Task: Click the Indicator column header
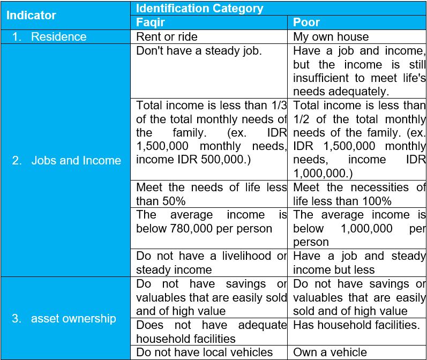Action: coord(31,15)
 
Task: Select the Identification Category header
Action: coord(199,8)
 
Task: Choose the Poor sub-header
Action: coord(306,22)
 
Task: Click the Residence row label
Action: coord(58,36)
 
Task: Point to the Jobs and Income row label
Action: coord(76,160)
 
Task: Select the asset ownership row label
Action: coord(73,318)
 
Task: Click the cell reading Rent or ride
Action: coord(167,36)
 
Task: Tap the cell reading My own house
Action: coord(331,36)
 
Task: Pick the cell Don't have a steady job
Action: coord(199,51)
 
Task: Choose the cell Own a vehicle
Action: coord(330,352)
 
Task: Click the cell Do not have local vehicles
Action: coord(204,352)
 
